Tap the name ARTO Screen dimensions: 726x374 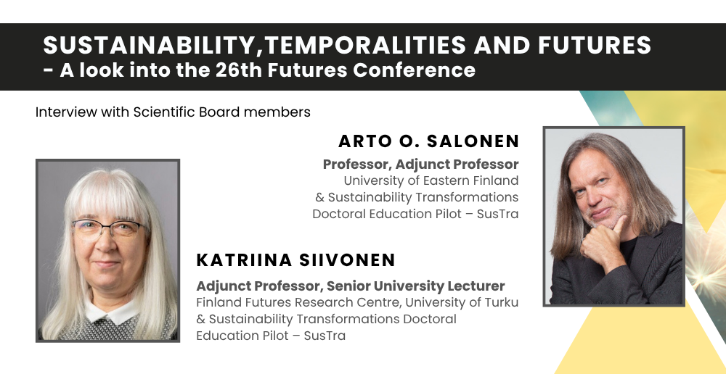pyautogui.click(x=360, y=141)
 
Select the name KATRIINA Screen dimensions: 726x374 pyautogui.click(x=244, y=260)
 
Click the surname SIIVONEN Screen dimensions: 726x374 pyautogui.click(x=347, y=260)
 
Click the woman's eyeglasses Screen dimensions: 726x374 pyautogui.click(x=110, y=228)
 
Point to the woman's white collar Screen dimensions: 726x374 pyautogui.click(x=107, y=313)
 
